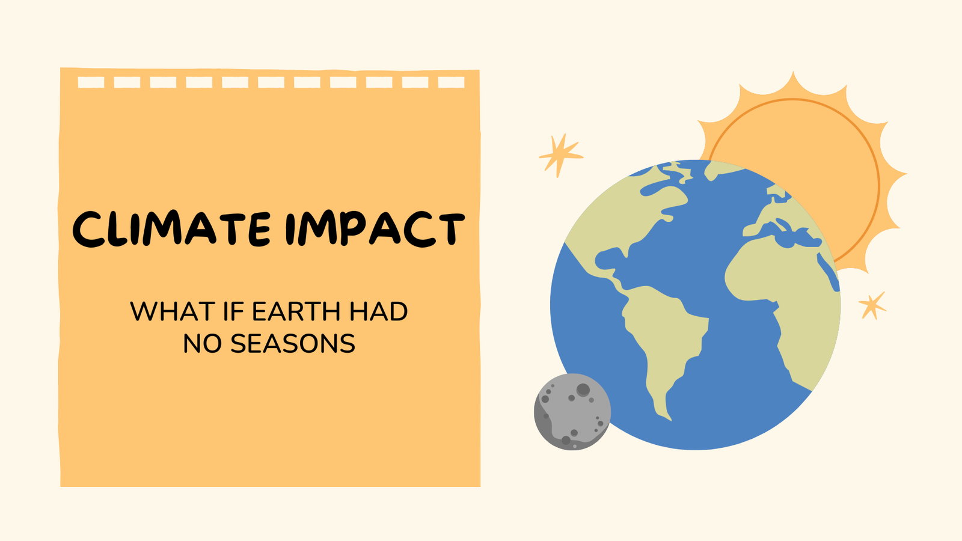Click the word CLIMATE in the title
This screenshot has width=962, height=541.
pyautogui.click(x=171, y=229)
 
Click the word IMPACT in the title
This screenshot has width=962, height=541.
pyautogui.click(x=375, y=229)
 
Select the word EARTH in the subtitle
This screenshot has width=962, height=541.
pyautogui.click(x=296, y=312)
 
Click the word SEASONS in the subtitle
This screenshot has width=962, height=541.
pyautogui.click(x=293, y=344)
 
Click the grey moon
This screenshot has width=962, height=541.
pyautogui.click(x=572, y=412)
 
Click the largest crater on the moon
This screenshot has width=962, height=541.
pyautogui.click(x=583, y=390)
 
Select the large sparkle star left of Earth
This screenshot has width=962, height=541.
pyautogui.click(x=560, y=155)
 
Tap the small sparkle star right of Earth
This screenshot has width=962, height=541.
pyautogui.click(x=872, y=305)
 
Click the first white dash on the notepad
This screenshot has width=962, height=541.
pyautogui.click(x=91, y=82)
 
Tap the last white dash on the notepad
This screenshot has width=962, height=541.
pyautogui.click(x=451, y=82)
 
